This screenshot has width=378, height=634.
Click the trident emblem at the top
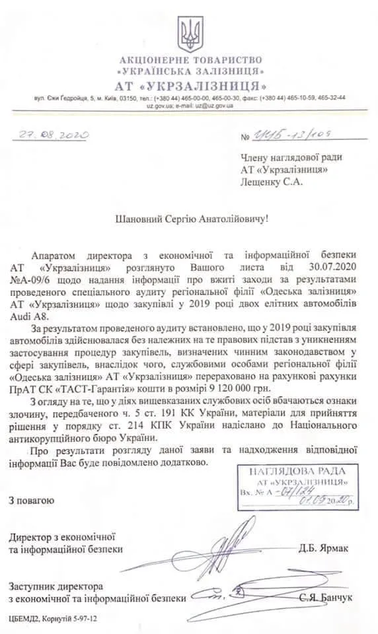pyautogui.click(x=188, y=34)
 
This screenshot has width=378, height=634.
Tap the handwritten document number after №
pyautogui.click(x=295, y=135)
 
